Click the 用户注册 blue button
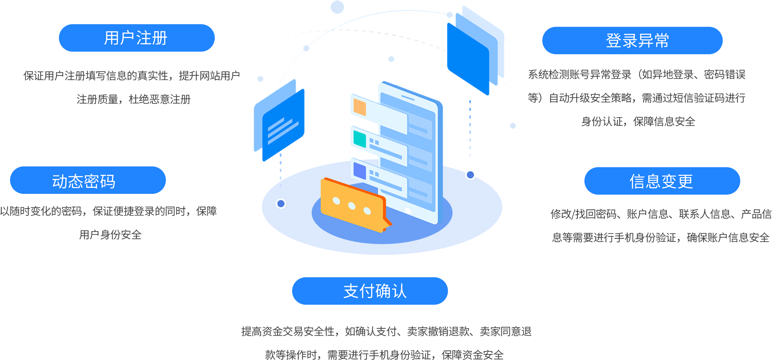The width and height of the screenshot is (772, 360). (137, 38)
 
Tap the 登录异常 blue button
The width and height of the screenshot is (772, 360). (632, 40)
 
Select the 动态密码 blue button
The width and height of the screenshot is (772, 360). (88, 180)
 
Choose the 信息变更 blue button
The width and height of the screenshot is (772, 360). (662, 181)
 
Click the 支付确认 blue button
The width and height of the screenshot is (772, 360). (370, 291)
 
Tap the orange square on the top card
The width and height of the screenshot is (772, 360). (360, 107)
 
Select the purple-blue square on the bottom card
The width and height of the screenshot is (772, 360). (359, 171)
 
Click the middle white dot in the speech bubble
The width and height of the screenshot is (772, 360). (352, 205)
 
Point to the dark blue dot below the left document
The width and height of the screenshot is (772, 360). (281, 204)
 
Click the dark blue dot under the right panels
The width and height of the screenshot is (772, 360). (470, 174)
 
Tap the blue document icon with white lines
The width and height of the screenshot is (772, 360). (283, 125)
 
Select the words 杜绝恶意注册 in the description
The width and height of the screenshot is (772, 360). (159, 99)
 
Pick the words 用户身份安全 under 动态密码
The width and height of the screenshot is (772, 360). (110, 235)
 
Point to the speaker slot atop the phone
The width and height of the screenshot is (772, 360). (407, 98)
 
